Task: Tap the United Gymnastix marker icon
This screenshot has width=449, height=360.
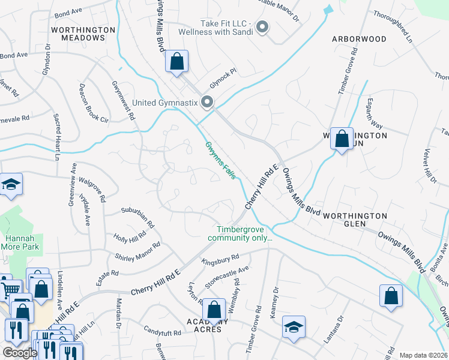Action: click(x=208, y=103)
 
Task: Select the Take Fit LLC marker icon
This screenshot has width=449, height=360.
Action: click(x=262, y=27)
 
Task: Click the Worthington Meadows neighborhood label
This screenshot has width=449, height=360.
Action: click(x=83, y=33)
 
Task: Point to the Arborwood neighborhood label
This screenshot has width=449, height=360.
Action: click(x=359, y=39)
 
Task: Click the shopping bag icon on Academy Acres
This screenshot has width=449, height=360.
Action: click(x=214, y=310)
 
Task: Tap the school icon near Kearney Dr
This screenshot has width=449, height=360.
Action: click(x=294, y=327)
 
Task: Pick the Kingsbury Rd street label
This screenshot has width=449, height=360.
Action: click(x=221, y=260)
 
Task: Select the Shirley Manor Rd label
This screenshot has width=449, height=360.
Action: click(x=137, y=252)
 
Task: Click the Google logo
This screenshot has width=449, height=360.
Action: click(x=19, y=353)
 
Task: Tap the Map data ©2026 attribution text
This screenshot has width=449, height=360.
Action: click(x=423, y=355)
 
